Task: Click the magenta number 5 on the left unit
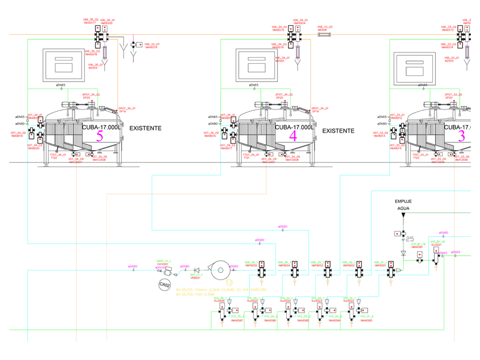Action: pyautogui.click(x=99, y=135)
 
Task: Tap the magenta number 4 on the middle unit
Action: pyautogui.click(x=293, y=136)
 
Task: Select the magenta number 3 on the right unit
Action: pyautogui.click(x=461, y=135)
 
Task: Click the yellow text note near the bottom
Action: pyautogui.click(x=221, y=291)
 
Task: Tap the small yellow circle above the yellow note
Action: pyautogui.click(x=229, y=283)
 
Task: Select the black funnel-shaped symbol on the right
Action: pyautogui.click(x=403, y=202)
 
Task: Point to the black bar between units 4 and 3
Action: pyautogui.click(x=339, y=131)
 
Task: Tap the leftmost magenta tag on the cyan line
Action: pyautogui.click(x=132, y=267)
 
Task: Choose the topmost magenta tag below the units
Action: pyautogui.click(x=282, y=226)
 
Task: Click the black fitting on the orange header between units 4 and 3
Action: pyautogui.click(x=324, y=34)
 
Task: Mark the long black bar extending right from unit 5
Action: pyautogui.click(x=144, y=127)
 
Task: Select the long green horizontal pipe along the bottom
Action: pyautogui.click(x=226, y=331)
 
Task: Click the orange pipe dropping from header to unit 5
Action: pyautogui.click(x=117, y=72)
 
